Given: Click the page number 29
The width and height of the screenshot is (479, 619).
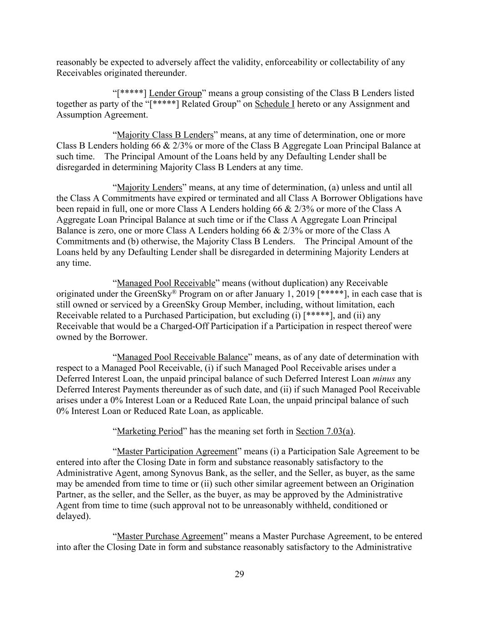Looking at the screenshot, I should click(239, 575).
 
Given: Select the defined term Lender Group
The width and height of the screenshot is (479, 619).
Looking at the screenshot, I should click(175, 93).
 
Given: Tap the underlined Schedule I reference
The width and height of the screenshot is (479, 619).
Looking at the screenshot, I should click(274, 104).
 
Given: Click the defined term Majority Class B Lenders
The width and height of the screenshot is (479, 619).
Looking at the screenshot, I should click(165, 135).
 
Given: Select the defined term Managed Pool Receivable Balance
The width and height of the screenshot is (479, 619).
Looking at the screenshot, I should click(182, 357).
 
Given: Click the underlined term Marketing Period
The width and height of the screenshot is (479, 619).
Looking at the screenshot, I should click(149, 431).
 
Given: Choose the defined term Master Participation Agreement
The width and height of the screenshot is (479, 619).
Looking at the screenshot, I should click(177, 452).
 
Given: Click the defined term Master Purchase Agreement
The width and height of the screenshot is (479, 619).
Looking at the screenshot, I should click(170, 536).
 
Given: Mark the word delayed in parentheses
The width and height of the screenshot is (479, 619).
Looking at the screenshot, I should click(73, 516).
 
